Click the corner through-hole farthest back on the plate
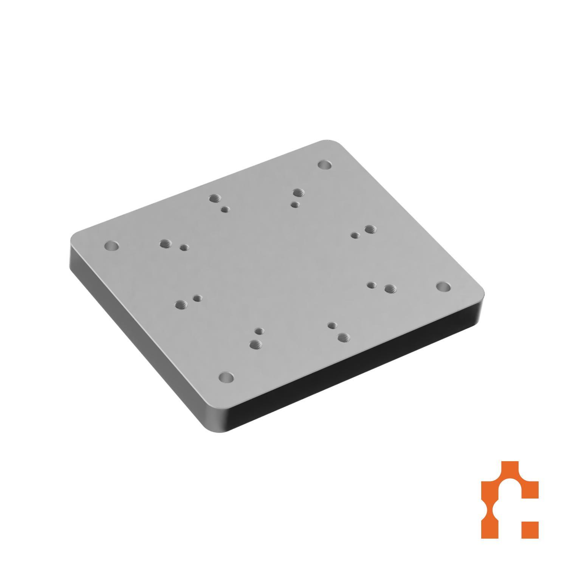click(324, 165)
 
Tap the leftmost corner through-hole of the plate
click(112, 246)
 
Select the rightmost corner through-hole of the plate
click(443, 286)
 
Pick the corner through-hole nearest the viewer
click(226, 377)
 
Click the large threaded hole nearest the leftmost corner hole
click(166, 244)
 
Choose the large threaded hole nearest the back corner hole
click(298, 193)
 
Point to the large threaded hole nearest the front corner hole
click(256, 344)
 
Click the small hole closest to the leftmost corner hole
click(184, 248)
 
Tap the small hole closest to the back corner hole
click(295, 205)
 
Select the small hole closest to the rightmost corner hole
click(372, 285)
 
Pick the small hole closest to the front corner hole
click(259, 332)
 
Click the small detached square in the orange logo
click(530, 530)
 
